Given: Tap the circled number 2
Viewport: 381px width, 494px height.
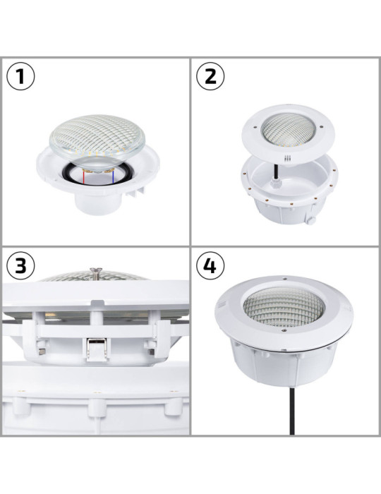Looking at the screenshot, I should (210, 77).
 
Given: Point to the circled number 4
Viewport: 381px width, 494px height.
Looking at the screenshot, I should (210, 266).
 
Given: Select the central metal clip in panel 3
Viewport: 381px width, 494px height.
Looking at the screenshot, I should (97, 347).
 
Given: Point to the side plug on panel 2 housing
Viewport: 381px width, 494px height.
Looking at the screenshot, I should (308, 221).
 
